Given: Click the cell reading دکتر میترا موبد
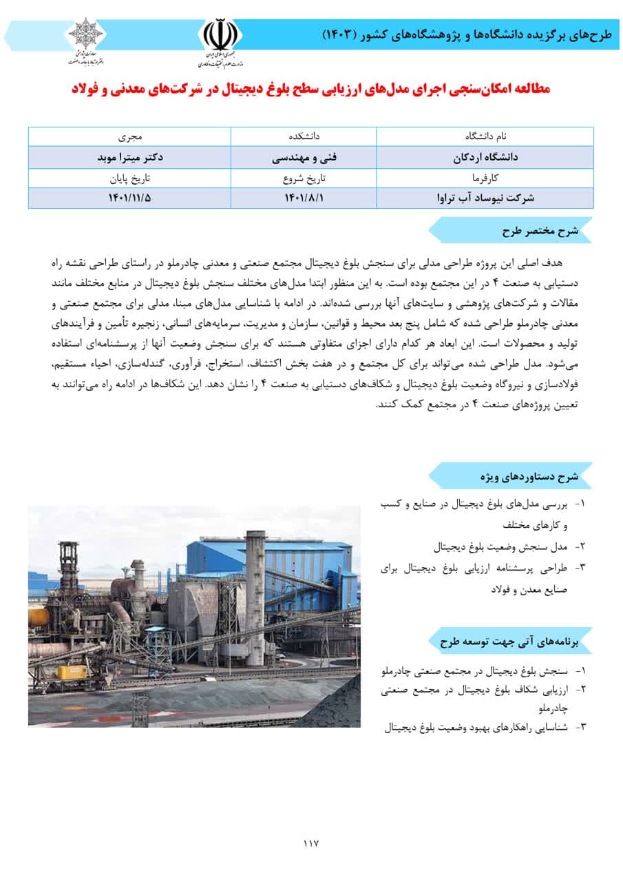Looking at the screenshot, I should click(129, 157).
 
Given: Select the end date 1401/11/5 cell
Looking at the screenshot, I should click(129, 198).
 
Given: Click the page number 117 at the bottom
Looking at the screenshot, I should click(311, 843).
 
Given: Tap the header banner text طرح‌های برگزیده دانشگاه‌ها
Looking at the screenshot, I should click(468, 34).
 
